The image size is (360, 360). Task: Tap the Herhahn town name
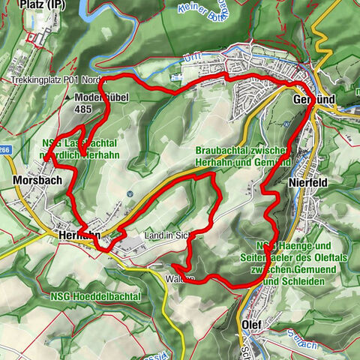coord(78,235)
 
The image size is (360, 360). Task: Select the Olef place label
coord(254,323)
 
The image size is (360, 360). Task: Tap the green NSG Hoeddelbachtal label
coord(96,297)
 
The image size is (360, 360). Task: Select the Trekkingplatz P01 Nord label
coord(55,79)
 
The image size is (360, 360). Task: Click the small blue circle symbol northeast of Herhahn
coord(130,193)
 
